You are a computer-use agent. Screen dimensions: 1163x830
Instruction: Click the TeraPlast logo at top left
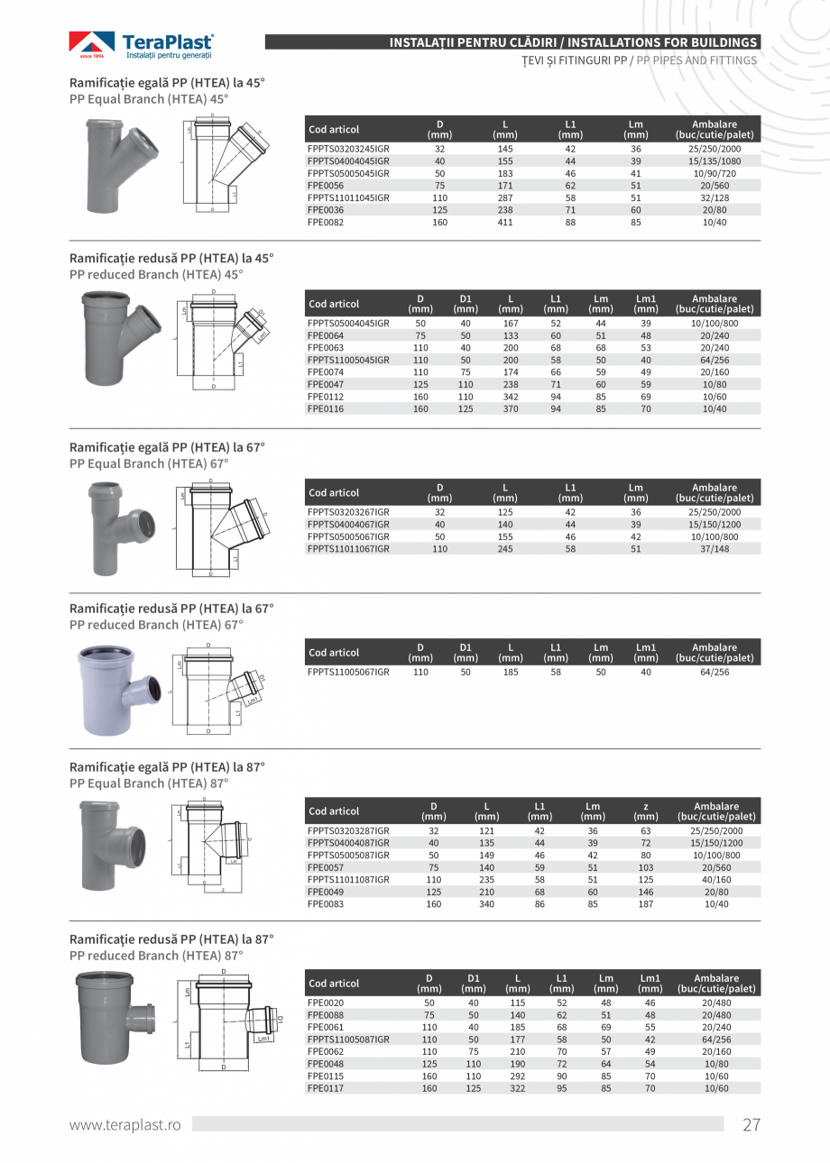[142, 45]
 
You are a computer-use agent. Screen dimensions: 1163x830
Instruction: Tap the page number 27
[752, 1124]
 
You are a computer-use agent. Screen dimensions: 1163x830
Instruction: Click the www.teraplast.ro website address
[125, 1124]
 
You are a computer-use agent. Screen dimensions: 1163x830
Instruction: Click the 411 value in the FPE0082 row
[505, 222]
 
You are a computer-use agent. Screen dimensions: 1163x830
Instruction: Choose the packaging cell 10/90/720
[715, 173]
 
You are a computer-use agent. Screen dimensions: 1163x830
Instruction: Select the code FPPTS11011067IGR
[348, 548]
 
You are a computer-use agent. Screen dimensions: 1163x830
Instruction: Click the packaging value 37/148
[715, 548]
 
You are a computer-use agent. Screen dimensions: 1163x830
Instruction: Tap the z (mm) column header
[646, 810]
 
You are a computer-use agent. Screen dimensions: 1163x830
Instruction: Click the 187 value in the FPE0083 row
[646, 903]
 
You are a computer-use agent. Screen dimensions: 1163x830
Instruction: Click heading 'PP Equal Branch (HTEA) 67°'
[149, 463]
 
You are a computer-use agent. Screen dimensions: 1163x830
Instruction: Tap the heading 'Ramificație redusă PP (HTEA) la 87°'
[171, 939]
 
